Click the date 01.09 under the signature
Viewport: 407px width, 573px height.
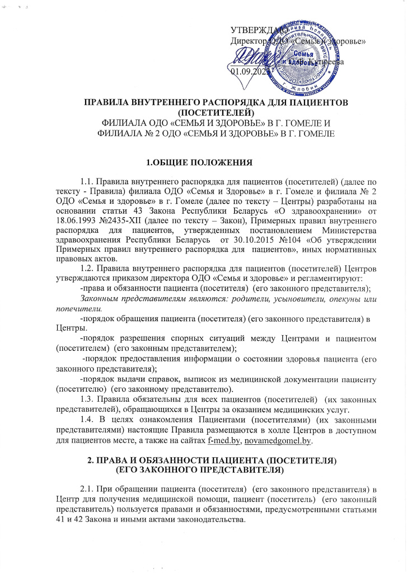click(242, 71)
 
